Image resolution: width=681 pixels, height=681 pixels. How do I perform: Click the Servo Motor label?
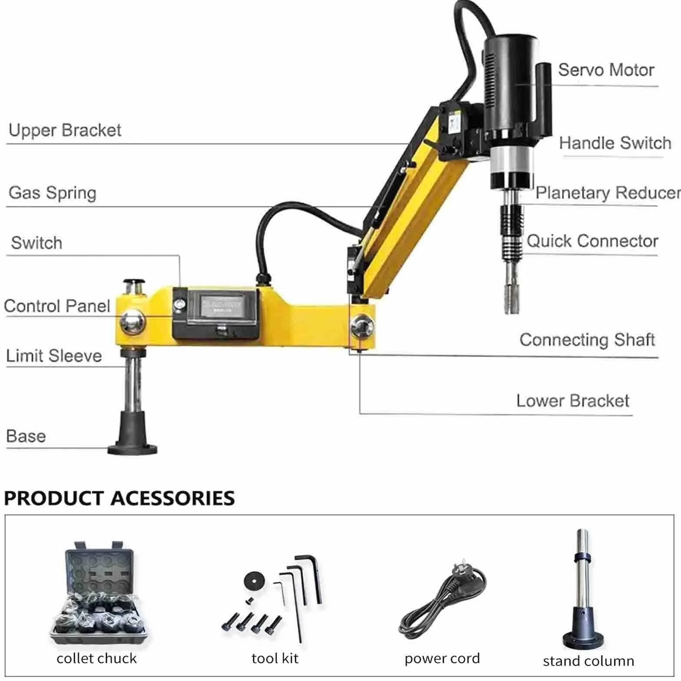click(x=606, y=70)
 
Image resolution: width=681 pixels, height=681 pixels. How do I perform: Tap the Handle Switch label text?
click(x=615, y=143)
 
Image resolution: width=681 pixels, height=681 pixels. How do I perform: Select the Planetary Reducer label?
click(x=608, y=193)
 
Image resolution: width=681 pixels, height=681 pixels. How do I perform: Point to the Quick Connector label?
click(x=592, y=241)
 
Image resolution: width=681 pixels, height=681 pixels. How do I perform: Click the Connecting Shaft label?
click(x=587, y=340)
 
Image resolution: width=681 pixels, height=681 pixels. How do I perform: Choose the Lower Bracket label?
click(x=572, y=400)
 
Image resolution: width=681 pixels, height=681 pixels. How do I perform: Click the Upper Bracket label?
click(x=65, y=130)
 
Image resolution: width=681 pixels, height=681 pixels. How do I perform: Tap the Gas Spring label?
click(x=53, y=193)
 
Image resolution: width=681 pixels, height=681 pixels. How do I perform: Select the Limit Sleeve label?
click(x=54, y=356)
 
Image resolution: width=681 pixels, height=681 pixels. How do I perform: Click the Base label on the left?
click(x=26, y=436)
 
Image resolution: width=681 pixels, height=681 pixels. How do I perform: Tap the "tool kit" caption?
click(x=275, y=658)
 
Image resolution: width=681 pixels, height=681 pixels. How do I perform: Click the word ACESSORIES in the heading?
click(x=172, y=498)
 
